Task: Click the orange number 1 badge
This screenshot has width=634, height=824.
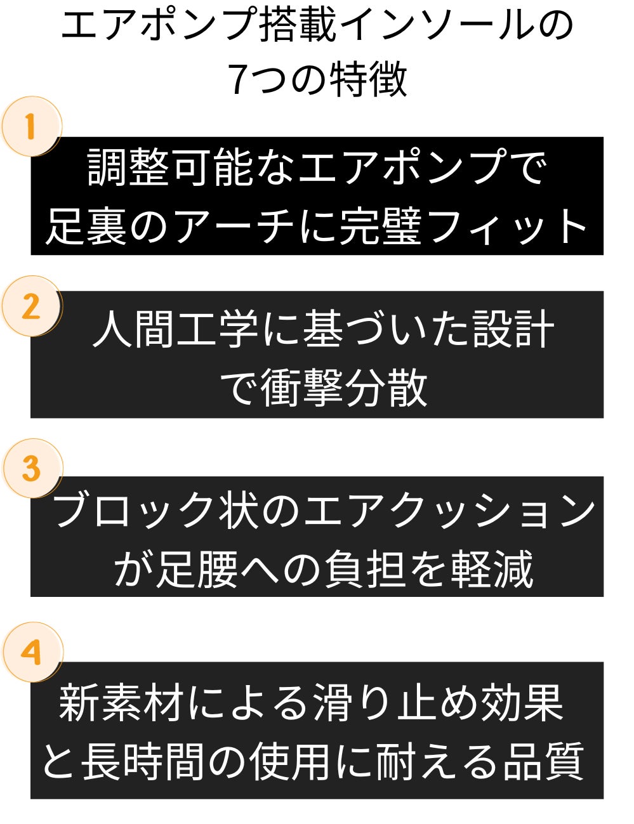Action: tap(32, 126)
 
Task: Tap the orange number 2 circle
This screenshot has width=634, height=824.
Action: tap(32, 306)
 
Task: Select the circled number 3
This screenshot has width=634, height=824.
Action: tap(32, 469)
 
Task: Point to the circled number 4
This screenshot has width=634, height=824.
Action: tap(32, 652)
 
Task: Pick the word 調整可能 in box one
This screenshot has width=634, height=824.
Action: tap(170, 167)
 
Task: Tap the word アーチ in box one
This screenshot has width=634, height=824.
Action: tap(235, 226)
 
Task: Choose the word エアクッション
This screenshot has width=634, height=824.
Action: tap(449, 510)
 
